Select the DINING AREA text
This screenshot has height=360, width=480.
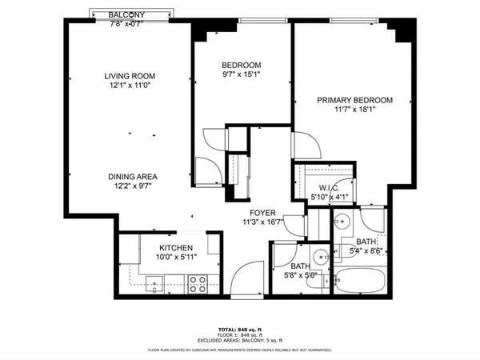point(133,177)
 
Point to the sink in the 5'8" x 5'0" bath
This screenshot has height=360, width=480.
point(318,258)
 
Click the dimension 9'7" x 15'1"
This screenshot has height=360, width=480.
point(241,76)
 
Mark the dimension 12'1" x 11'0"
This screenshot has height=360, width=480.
point(129,87)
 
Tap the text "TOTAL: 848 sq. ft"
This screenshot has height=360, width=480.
point(240,328)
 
